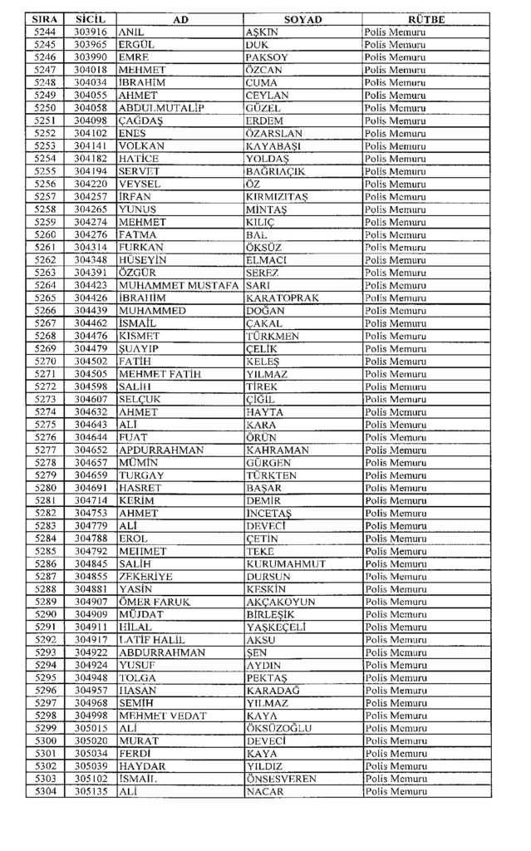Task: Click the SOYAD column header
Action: (302, 19)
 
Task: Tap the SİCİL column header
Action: (89, 19)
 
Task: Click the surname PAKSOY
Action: (266, 57)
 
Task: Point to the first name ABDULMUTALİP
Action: (161, 108)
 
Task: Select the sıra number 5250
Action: (46, 108)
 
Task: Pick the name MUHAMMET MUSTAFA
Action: (179, 285)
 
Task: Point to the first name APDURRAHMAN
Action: (161, 450)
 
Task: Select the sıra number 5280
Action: (46, 488)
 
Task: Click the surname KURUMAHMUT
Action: (287, 563)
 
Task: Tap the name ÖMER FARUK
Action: (155, 602)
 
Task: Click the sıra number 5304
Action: (46, 792)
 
